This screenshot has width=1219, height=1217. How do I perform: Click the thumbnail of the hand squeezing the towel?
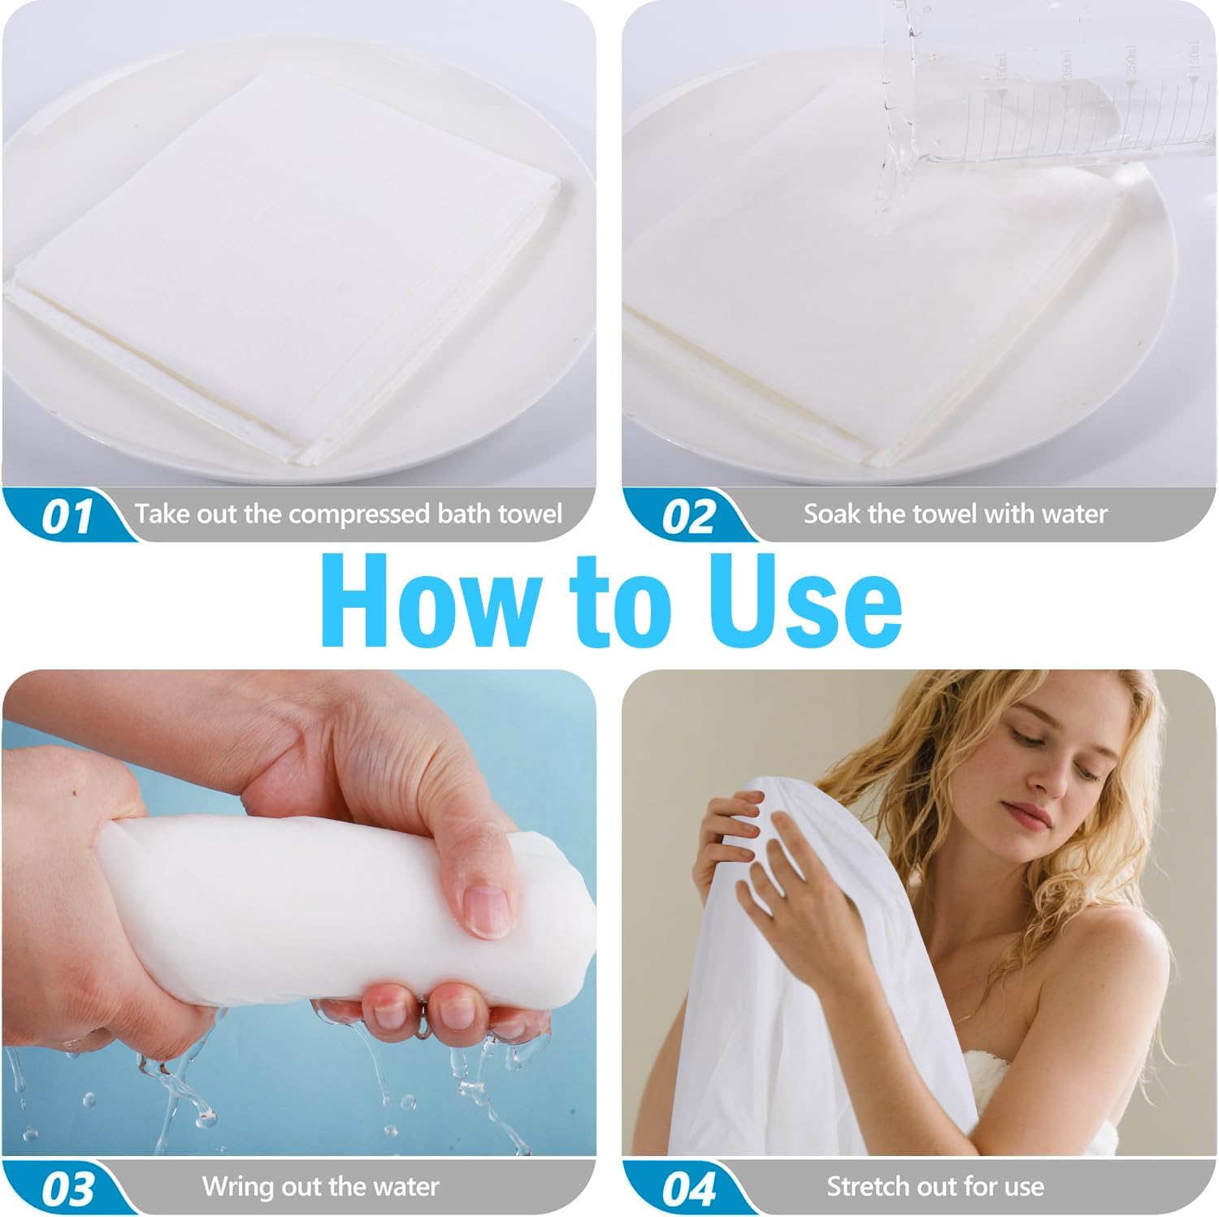pyautogui.click(x=299, y=914)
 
